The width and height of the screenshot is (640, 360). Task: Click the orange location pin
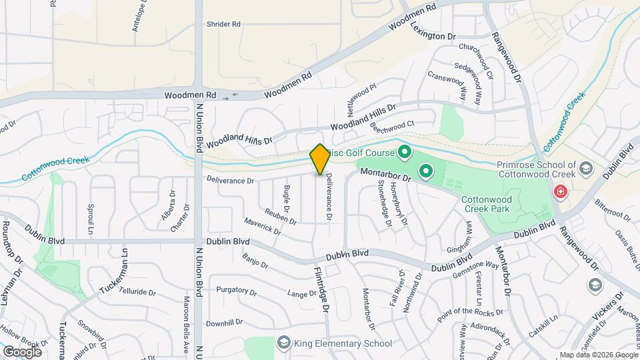tap(320, 159)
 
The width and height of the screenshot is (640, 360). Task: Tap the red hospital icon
tap(561, 192)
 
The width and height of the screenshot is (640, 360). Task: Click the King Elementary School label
tap(344, 343)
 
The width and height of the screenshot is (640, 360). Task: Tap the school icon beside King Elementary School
tap(284, 343)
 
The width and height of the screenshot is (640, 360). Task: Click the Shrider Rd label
tap(223, 24)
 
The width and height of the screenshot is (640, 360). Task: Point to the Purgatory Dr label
tap(236, 291)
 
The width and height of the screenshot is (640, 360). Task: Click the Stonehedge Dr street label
tap(385, 207)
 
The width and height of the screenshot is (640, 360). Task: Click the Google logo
tap(22, 351)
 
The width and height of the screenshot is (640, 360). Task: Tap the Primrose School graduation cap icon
tap(586, 167)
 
